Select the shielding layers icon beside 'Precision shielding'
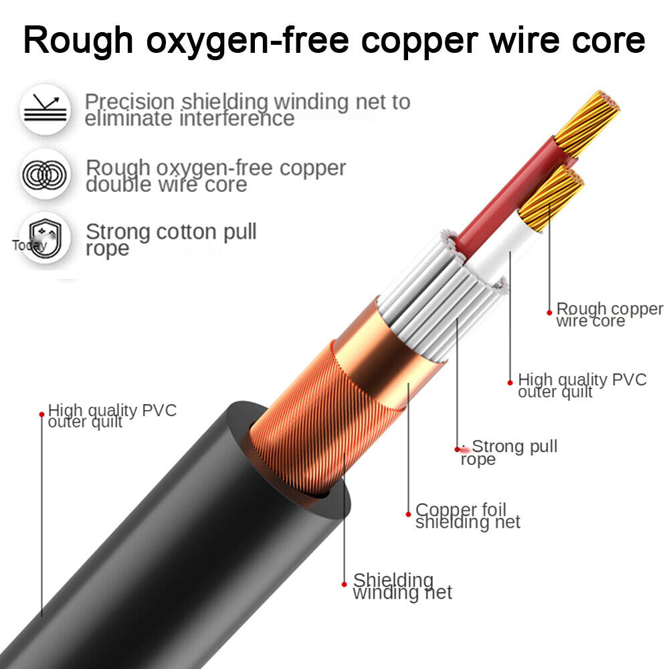tap(45, 110)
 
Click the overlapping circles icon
tap(45, 175)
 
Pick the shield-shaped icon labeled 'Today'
tap(44, 239)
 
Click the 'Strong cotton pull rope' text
tap(171, 240)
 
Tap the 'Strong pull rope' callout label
tap(511, 452)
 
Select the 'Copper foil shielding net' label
tap(466, 516)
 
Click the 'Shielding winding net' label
tap(402, 585)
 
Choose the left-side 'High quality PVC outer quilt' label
tap(112, 415)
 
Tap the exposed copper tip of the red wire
tap(587, 122)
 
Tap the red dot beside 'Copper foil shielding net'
tap(409, 514)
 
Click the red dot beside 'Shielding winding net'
tap(345, 583)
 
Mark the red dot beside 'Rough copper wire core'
tap(549, 311)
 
